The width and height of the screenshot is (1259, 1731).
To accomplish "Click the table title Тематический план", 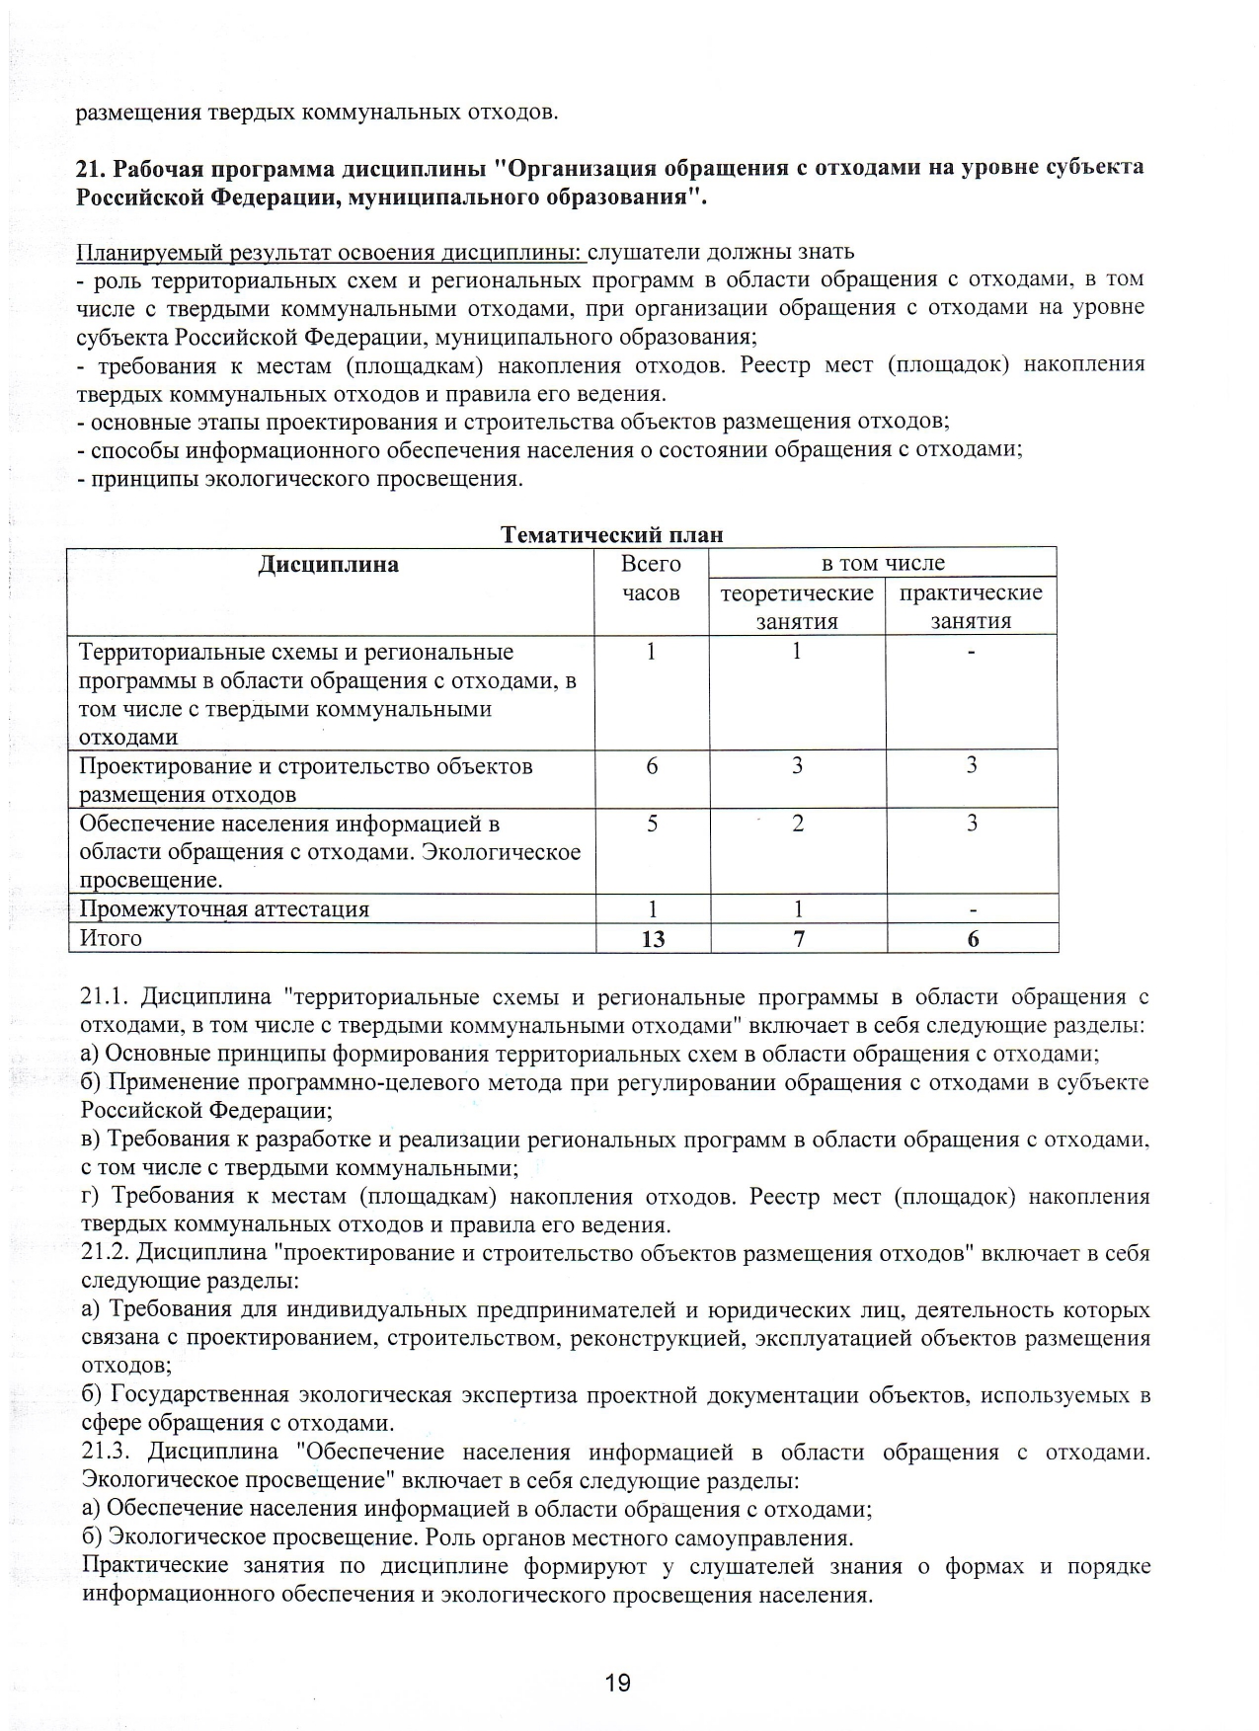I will tap(611, 535).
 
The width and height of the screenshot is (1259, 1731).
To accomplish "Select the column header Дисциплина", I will tap(329, 565).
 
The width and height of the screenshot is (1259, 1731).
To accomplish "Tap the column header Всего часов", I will tap(651, 578).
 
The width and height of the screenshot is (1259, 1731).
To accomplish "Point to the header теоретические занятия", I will tap(797, 606).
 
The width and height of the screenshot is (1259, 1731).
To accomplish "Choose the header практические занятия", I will tap(971, 606).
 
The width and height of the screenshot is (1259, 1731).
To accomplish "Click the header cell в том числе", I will tap(883, 563).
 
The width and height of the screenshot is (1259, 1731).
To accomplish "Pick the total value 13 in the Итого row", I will tap(653, 939).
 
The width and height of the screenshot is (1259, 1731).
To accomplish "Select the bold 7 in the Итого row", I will tap(798, 939).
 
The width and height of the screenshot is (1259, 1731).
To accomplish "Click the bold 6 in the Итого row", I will tap(973, 939).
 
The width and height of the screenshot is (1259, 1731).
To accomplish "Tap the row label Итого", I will tap(111, 938).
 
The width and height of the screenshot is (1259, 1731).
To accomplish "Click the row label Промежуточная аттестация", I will tap(224, 909).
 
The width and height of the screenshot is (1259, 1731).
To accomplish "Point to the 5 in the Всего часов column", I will tap(652, 824).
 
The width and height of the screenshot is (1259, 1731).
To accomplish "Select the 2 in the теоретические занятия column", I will tap(798, 824).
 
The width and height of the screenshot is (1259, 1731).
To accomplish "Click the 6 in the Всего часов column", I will tap(652, 765).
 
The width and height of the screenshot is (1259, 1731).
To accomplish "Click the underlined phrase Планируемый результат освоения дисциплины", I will tap(331, 252).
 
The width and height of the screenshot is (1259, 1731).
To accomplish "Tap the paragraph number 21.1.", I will tap(108, 997).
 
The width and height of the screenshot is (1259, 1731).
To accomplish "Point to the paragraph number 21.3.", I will tap(109, 1453).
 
